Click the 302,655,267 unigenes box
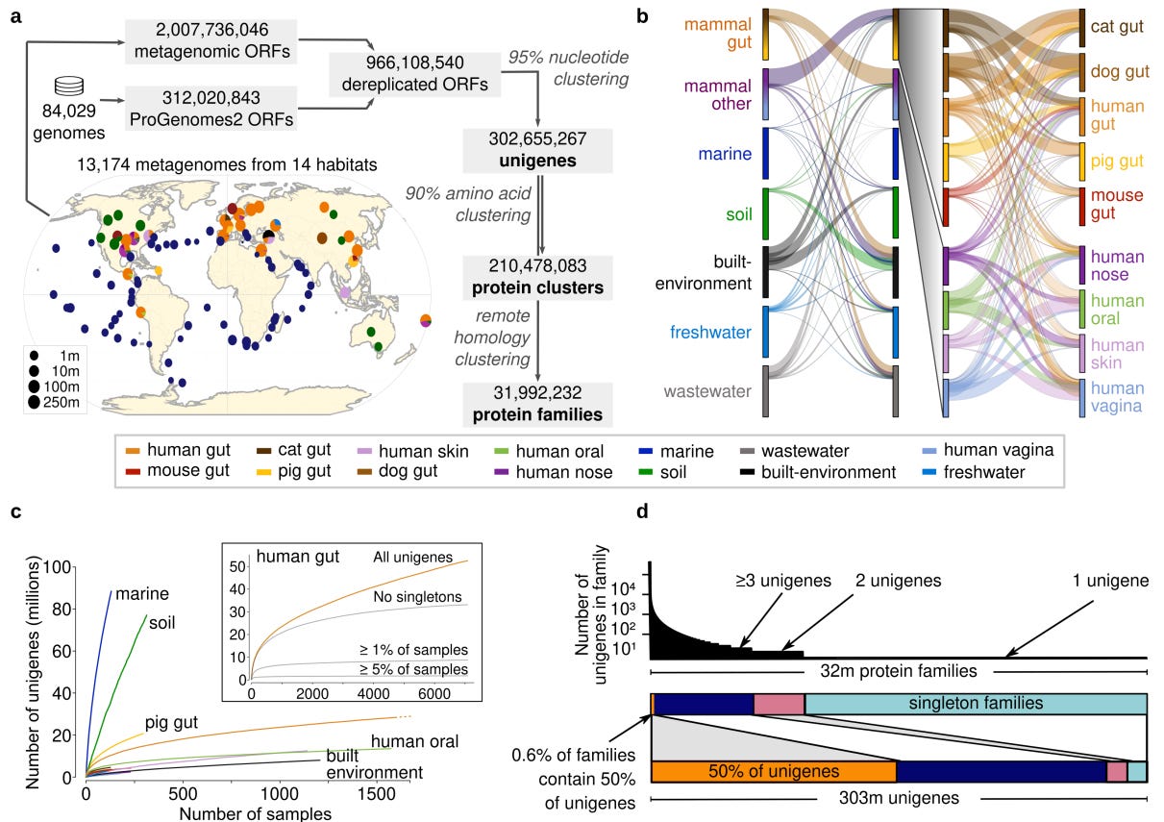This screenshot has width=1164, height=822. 537,148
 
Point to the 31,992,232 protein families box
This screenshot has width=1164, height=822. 537,404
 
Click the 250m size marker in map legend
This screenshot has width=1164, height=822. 36,402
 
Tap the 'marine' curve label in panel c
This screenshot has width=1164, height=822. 136,594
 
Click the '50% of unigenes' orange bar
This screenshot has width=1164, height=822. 774,771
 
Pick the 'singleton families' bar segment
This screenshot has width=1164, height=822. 976,704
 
